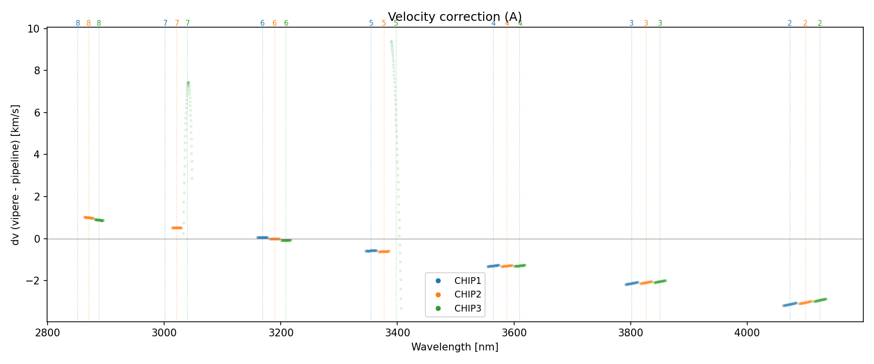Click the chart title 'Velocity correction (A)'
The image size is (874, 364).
454,17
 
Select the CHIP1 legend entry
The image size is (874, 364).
467,281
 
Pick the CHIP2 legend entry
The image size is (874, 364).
467,295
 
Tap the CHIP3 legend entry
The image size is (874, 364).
467,308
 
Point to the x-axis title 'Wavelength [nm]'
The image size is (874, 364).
454,347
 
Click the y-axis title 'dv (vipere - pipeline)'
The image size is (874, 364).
16,175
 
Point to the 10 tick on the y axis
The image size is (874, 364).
34,29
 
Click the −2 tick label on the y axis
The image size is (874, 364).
32,281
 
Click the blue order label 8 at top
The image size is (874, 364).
78,23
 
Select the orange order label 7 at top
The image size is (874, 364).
177,23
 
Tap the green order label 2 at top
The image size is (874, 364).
820,23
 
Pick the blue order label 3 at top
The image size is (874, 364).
631,23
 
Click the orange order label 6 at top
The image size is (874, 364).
274,23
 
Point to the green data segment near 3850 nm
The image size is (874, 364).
660,281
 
